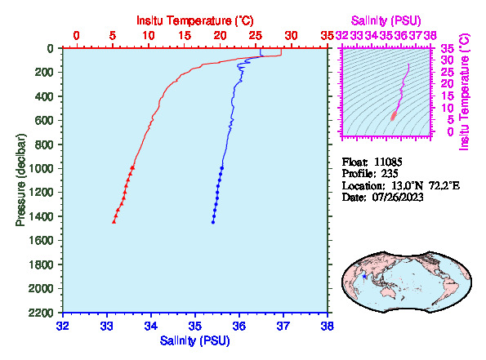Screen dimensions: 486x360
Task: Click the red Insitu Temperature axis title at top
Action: point(195,20)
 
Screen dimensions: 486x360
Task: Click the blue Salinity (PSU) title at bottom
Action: point(195,340)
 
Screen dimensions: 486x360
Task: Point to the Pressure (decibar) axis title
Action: point(20,180)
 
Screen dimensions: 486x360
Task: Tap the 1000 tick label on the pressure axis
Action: point(41,168)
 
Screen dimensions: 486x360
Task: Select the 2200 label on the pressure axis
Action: point(41,313)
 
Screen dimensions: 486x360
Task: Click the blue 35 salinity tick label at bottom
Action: point(195,327)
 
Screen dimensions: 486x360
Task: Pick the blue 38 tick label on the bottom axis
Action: point(328,327)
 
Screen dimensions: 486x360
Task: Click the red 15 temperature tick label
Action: point(185,36)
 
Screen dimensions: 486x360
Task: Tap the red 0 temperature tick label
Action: point(76,36)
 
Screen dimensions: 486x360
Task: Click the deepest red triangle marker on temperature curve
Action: point(114,221)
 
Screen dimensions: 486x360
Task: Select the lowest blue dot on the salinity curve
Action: point(213,222)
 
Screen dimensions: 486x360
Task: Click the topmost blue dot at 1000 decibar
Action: point(222,168)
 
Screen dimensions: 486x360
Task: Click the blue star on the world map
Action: point(364,277)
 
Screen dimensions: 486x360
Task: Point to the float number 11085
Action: point(388,162)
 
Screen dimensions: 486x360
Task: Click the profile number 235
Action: point(390,174)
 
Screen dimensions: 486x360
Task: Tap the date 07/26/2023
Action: point(398,198)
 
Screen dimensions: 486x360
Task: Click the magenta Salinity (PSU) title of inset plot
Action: point(386,20)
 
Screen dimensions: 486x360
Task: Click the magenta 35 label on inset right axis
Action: point(448,49)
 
